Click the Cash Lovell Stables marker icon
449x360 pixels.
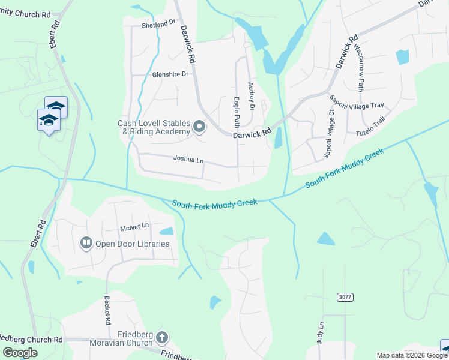coord(199,127)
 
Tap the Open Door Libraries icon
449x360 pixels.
coord(86,244)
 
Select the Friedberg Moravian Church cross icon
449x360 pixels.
coord(161,338)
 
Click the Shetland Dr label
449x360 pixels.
coord(158,25)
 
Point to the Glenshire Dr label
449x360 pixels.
coord(170,74)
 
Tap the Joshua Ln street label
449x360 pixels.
coord(188,161)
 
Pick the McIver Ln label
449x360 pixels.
coord(134,226)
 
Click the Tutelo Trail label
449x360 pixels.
coord(370,129)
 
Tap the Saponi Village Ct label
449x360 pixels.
coord(329,139)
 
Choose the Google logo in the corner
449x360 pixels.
coord(20,353)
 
